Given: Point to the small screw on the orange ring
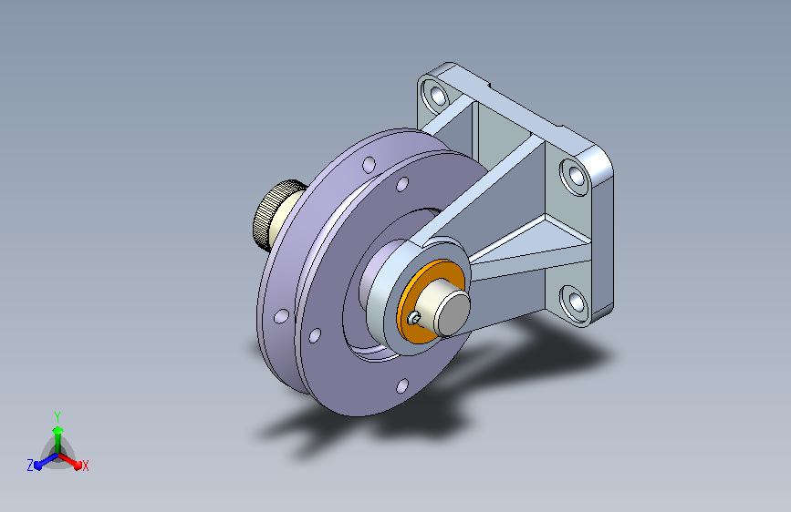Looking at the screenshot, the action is point(414,317).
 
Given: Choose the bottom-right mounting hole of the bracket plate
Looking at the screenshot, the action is point(575,302).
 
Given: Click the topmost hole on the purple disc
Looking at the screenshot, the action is point(369,164).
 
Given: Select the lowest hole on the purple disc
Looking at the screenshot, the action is point(402,386).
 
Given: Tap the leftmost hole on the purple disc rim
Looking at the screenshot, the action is point(281,316).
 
